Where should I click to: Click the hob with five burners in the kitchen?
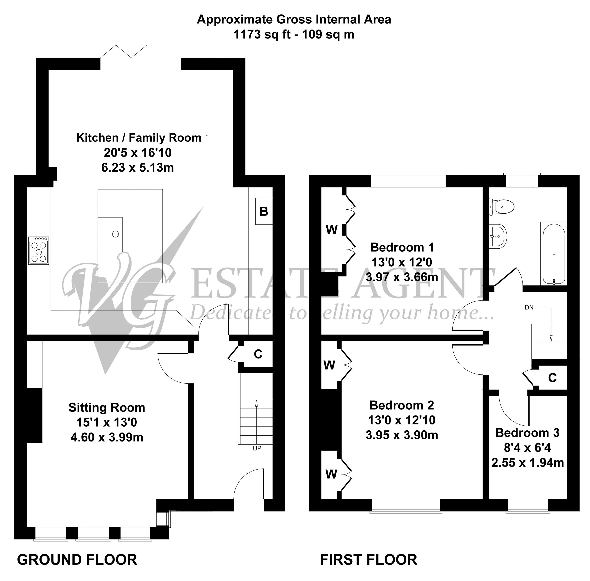pyautogui.click(x=38, y=250)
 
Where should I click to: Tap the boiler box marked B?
pyautogui.click(x=264, y=211)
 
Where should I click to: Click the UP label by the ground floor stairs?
pyautogui.click(x=257, y=448)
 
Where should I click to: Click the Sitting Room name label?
pyautogui.click(x=106, y=407)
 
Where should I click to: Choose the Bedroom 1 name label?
pyautogui.click(x=402, y=247)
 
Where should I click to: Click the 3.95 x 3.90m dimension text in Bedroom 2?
pyautogui.click(x=402, y=435)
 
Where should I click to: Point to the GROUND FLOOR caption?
pyautogui.click(x=77, y=560)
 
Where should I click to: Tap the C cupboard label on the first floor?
pyautogui.click(x=552, y=378)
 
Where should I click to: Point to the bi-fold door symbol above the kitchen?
pyautogui.click(x=124, y=51)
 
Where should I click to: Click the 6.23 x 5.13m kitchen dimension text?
pyautogui.click(x=137, y=168)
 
